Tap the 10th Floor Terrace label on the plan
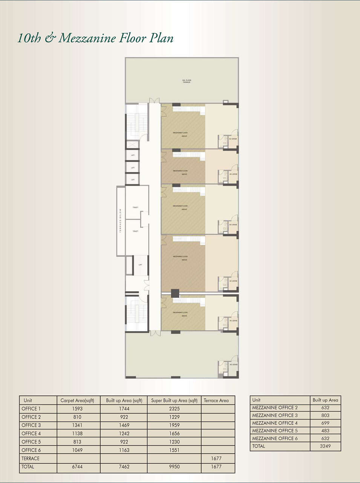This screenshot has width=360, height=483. click(x=187, y=81)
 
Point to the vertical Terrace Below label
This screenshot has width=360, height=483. click(x=121, y=220)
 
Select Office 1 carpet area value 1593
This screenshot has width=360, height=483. click(x=77, y=409)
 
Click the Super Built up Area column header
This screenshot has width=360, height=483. click(x=174, y=400)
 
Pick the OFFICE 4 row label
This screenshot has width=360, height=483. click(x=31, y=434)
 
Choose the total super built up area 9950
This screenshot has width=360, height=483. click(x=174, y=467)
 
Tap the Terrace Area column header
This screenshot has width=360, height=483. click(x=216, y=400)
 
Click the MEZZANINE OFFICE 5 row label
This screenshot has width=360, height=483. click(x=275, y=431)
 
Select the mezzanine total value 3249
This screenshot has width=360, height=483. click(x=325, y=446)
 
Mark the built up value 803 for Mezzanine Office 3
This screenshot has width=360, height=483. click(x=325, y=415)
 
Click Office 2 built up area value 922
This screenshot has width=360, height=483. click(x=124, y=417)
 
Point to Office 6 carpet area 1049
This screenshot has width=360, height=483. click(x=77, y=450)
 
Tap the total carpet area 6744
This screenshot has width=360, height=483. click(x=77, y=467)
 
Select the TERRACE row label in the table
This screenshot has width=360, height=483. click(x=31, y=458)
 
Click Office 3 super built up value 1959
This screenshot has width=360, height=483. click(x=174, y=425)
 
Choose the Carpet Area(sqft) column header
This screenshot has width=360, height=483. click(x=77, y=400)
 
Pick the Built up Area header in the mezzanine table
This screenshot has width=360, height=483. click(x=325, y=400)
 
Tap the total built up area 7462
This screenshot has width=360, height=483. click(x=124, y=467)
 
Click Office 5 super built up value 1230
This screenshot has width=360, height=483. click(x=174, y=442)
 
